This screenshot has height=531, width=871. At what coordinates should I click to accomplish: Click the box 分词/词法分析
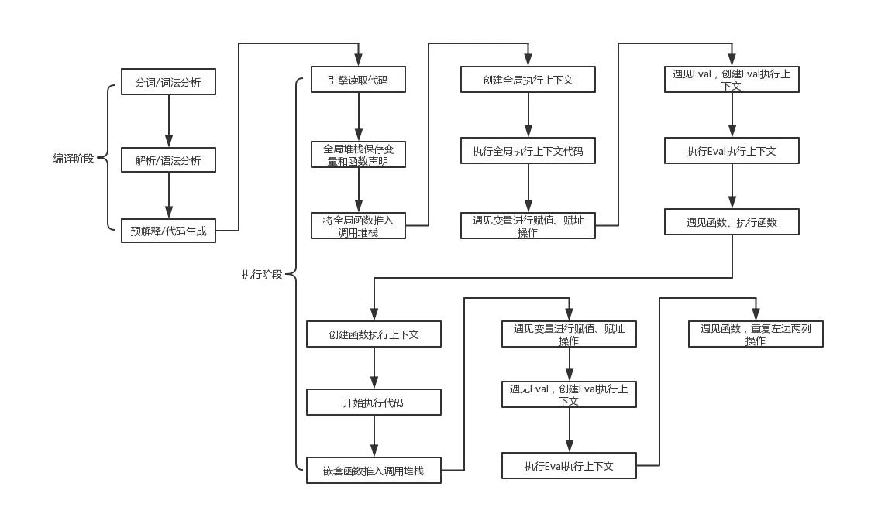[x=168, y=82]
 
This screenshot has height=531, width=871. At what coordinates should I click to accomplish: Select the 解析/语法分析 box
[x=168, y=161]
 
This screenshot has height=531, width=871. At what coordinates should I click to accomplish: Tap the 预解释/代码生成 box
[x=168, y=231]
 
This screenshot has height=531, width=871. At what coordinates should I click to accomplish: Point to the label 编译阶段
[x=74, y=159]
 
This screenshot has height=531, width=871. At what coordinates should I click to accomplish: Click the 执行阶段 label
[x=262, y=274]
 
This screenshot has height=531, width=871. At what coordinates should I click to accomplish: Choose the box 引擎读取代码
[x=358, y=80]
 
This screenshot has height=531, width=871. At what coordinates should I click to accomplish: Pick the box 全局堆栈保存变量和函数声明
[x=358, y=155]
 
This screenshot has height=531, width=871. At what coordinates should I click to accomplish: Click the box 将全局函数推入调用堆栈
[x=358, y=225]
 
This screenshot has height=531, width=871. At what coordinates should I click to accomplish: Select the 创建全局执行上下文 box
[x=528, y=80]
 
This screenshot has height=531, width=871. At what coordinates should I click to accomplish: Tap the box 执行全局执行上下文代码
[x=528, y=151]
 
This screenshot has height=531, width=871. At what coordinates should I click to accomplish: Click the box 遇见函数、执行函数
[x=732, y=222]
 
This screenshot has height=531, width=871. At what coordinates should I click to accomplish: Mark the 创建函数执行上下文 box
[x=374, y=334]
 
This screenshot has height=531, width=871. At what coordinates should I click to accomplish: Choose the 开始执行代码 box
[x=374, y=403]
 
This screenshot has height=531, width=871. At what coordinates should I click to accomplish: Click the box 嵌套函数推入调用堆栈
[x=374, y=471]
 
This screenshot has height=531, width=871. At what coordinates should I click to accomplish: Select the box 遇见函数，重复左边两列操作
[x=756, y=334]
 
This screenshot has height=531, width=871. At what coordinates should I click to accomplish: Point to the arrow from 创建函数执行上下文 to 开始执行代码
[x=374, y=368]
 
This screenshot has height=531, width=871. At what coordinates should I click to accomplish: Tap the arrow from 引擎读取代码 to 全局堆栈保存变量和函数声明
[x=358, y=117]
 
